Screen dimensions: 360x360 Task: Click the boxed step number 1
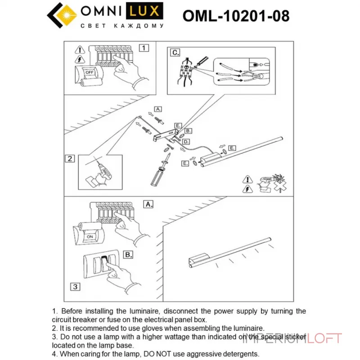click(143, 47)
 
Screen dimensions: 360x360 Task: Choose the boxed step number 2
click(70, 158)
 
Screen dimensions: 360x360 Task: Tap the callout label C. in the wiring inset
click(175, 52)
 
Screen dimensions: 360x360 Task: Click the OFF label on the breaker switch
click(90, 72)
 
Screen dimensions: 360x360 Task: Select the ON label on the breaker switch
click(90, 236)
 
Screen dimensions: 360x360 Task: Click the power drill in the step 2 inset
click(101, 173)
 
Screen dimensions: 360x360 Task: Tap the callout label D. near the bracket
click(186, 142)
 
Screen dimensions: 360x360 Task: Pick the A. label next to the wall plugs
click(157, 109)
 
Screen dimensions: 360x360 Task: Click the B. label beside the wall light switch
click(128, 255)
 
